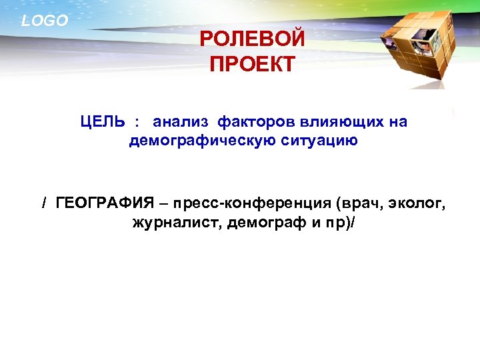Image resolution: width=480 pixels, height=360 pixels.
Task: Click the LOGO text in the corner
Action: point(45,21)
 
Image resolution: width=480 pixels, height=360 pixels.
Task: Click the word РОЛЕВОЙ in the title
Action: point(252,39)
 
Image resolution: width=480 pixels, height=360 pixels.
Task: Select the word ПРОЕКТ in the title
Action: point(252,65)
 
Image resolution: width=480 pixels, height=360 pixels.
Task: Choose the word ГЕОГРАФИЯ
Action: point(105,203)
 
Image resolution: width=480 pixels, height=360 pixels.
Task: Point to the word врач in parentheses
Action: point(361,203)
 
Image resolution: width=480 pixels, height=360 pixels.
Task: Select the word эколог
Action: point(416,203)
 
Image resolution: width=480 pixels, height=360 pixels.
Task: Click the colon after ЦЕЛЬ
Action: point(137,123)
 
